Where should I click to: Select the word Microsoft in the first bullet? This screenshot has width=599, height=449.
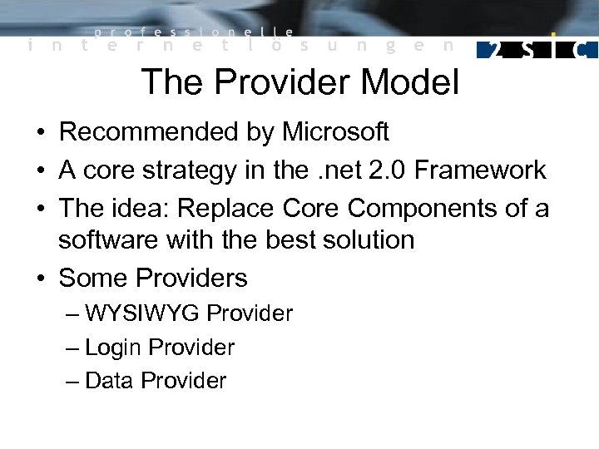tap(335, 131)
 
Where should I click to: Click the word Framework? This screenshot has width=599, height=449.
tap(480, 170)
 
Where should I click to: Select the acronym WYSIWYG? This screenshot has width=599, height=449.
tap(142, 313)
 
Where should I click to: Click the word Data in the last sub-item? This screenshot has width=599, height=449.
tap(109, 381)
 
